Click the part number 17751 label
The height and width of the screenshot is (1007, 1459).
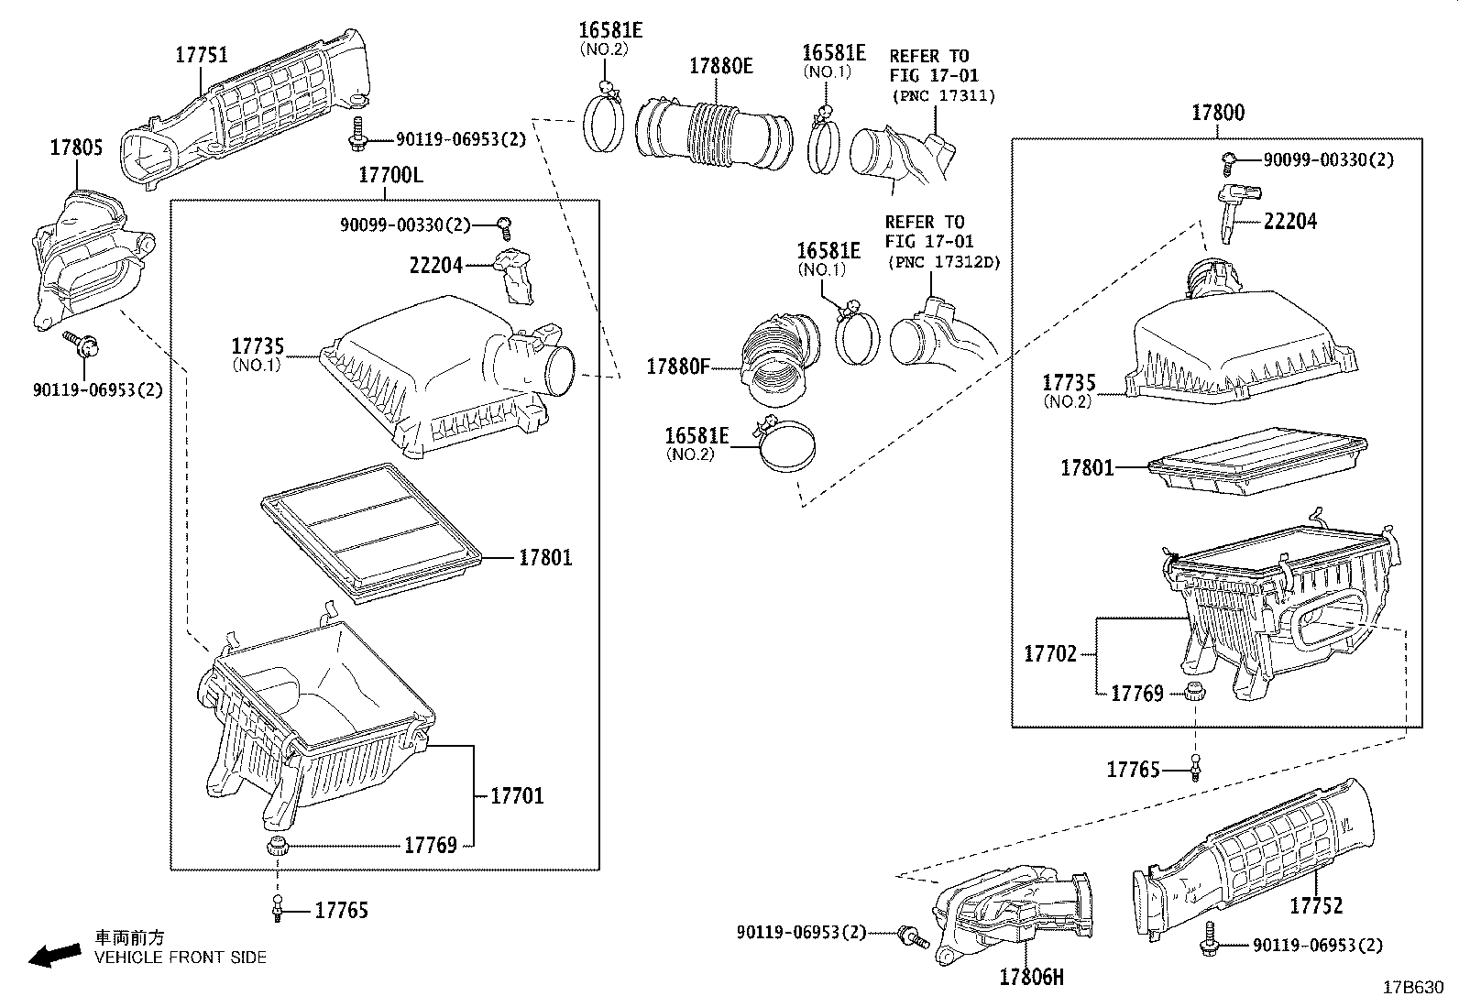tap(202, 56)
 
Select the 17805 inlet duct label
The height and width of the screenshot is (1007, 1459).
tap(76, 148)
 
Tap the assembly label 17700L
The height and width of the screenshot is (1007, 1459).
tap(390, 175)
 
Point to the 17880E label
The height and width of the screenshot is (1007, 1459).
tap(720, 66)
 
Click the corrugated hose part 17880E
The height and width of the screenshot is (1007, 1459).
tap(715, 137)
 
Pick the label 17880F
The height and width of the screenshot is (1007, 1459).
tap(678, 367)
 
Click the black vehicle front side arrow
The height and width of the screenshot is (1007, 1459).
tap(53, 955)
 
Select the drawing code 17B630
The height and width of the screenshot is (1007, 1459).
tap(1413, 987)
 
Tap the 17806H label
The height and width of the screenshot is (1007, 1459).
tap(1032, 978)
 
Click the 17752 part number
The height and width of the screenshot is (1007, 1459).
tap(1316, 906)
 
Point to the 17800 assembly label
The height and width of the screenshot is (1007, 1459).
tap(1218, 114)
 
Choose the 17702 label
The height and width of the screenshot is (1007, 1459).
tap(1050, 654)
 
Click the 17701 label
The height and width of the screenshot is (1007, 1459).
tap(517, 796)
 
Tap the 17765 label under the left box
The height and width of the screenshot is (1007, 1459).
tap(341, 910)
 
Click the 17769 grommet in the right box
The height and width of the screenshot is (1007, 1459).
tap(1193, 691)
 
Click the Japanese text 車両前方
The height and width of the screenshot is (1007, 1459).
tap(130, 937)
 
